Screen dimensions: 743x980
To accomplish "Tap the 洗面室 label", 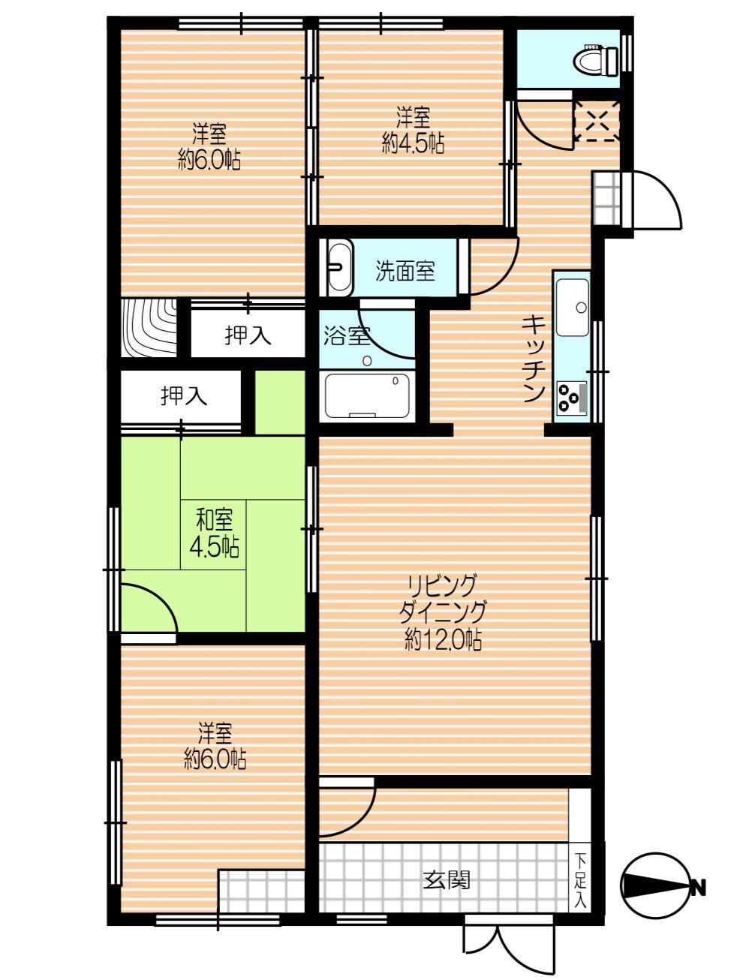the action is click(x=405, y=271).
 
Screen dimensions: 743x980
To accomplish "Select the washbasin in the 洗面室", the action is click(x=340, y=268).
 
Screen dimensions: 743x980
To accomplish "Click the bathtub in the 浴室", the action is click(x=367, y=395).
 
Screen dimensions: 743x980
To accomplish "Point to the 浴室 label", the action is click(x=347, y=335).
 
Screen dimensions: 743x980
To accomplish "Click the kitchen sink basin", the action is click(x=572, y=307).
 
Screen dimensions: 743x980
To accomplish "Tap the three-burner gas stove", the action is click(x=572, y=396).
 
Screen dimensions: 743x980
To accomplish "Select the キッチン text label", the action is click(x=533, y=359).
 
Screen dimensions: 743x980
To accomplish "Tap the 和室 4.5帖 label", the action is click(x=214, y=534).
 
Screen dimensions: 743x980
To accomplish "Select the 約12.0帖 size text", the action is click(x=443, y=643).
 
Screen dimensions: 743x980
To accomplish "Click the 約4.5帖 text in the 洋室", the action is click(x=413, y=144).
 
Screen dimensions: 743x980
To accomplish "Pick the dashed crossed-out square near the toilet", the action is click(x=597, y=121).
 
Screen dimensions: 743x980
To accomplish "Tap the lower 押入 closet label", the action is click(x=184, y=395).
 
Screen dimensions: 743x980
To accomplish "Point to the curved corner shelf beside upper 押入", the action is click(x=149, y=328).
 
